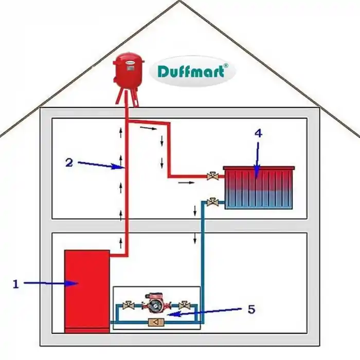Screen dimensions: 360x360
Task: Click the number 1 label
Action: (15, 283)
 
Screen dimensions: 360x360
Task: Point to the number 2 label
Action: (69, 163)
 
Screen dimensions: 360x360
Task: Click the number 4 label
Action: (258, 133)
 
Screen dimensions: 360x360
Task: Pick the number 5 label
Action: (251, 310)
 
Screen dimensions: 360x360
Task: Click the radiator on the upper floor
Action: (258, 188)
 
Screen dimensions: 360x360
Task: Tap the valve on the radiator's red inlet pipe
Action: (211, 176)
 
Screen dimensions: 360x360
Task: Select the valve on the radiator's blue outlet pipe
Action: (211, 202)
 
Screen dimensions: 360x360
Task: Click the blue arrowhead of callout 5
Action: (171, 314)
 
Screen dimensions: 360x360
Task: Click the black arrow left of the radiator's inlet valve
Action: (189, 183)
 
